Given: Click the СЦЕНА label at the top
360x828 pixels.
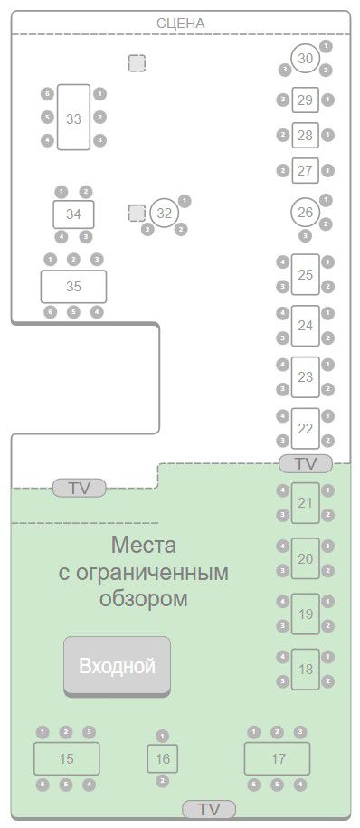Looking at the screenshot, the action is click(181, 24).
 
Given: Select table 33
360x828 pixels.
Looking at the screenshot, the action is click(73, 118).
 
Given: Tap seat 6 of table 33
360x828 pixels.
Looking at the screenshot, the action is click(48, 94).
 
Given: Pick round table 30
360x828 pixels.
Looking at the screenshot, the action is click(306, 59).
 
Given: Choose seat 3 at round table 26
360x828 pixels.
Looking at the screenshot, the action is click(306, 235).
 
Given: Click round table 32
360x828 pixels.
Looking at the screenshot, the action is click(165, 213).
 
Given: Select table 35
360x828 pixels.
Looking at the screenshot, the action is click(73, 287).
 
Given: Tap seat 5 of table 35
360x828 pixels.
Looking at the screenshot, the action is click(73, 312).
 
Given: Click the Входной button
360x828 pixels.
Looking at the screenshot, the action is click(118, 666).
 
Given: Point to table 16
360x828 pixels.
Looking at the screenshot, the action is click(163, 759).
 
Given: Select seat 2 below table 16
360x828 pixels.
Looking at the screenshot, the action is click(163, 780).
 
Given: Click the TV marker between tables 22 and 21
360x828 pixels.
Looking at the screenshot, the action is click(306, 463).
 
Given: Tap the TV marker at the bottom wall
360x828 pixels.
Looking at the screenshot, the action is click(209, 809).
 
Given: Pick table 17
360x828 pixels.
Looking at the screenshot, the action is click(277, 759).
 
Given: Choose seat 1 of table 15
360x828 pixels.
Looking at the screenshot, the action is click(43, 732).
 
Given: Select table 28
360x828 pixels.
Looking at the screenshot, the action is click(306, 135).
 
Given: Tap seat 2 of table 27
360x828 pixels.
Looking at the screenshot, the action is click(283, 170).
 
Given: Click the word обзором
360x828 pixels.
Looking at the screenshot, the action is click(144, 599).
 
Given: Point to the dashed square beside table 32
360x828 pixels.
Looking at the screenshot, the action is click(137, 213).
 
